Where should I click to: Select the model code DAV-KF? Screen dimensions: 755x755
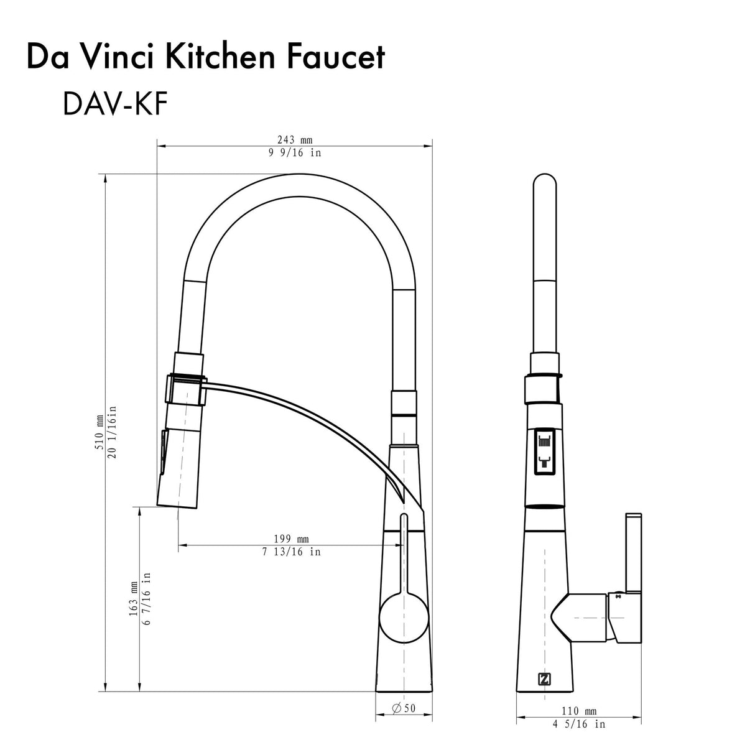[114, 104]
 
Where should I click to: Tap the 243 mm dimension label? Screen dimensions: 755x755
[294, 140]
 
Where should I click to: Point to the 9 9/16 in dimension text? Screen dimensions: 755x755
[295, 153]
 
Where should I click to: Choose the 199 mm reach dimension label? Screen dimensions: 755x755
[291, 539]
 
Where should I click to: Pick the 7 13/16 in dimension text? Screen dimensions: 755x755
[291, 552]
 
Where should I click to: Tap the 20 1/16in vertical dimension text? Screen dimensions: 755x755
[113, 429]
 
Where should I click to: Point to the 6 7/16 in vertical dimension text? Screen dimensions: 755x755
[147, 599]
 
